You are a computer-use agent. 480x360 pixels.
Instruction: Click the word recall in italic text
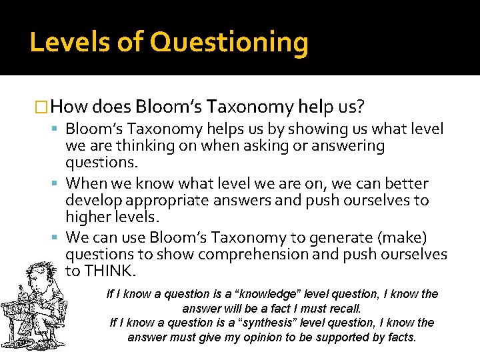point(344,309)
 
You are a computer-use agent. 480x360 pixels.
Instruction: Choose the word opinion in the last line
point(265,337)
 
